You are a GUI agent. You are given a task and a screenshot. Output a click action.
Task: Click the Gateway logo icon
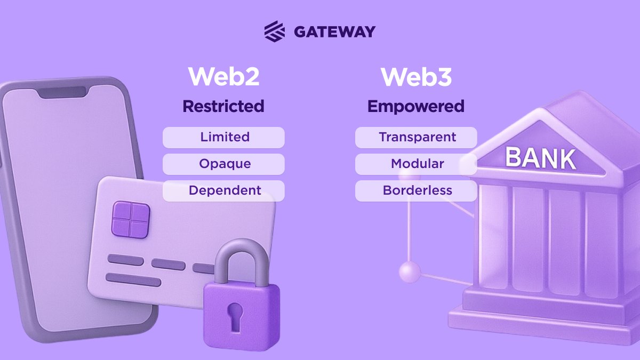pyautogui.click(x=275, y=31)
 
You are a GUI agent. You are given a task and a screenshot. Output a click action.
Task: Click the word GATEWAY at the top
pyautogui.click(x=334, y=31)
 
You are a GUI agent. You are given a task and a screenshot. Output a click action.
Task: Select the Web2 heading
pyautogui.click(x=223, y=77)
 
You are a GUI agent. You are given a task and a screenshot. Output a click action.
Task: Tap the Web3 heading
pyautogui.click(x=416, y=77)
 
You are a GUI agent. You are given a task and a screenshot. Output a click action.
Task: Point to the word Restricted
pyautogui.click(x=223, y=106)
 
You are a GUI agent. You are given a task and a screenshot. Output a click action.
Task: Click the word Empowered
pyautogui.click(x=416, y=106)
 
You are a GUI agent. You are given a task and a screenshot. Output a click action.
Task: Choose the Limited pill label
pyautogui.click(x=225, y=137)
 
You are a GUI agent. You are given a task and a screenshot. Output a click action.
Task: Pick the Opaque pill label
pyautogui.click(x=225, y=164)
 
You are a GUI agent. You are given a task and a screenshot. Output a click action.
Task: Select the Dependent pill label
pyautogui.click(x=225, y=190)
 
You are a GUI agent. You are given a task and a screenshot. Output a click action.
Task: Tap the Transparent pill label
pyautogui.click(x=417, y=137)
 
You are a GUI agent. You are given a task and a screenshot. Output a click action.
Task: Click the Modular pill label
pyautogui.click(x=417, y=164)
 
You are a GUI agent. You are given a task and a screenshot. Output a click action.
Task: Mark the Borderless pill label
pyautogui.click(x=417, y=190)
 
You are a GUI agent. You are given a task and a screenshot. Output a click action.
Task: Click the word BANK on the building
pyautogui.click(x=540, y=158)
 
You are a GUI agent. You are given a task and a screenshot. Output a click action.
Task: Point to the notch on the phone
pyautogui.click(x=63, y=92)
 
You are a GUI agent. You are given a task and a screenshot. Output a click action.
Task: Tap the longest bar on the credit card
pyautogui.click(x=133, y=279)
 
